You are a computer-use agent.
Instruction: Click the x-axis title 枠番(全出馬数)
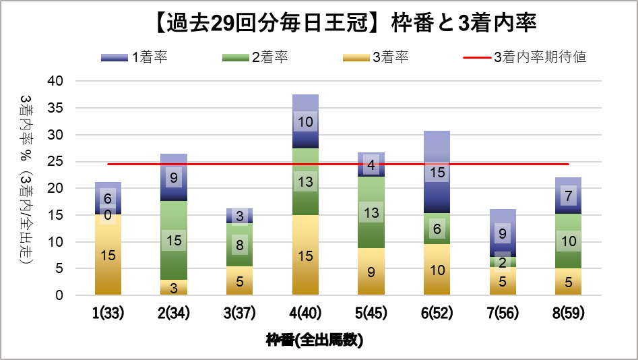click(x=315, y=340)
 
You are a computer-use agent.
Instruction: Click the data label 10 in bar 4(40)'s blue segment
click(x=305, y=122)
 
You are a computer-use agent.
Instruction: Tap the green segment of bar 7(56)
click(x=503, y=262)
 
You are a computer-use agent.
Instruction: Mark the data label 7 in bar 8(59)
click(x=569, y=196)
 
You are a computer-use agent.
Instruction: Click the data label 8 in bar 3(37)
click(x=239, y=245)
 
